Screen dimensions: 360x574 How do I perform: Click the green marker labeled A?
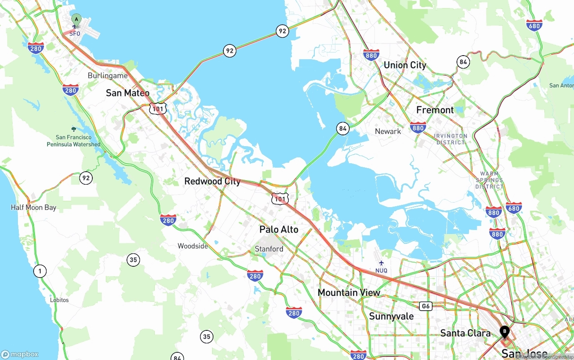coord(76,20)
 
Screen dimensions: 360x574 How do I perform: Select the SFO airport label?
coord(74,34)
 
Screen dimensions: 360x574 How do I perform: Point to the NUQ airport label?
coord(381,270)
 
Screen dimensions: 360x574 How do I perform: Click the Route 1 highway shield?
coord(40,271)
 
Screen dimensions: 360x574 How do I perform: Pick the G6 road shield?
coord(426,306)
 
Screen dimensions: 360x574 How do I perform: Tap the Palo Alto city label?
coord(278,230)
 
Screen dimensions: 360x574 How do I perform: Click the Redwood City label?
coord(212,182)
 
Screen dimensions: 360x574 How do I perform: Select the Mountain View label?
coord(348,293)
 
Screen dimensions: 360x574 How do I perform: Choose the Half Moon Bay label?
coord(34,208)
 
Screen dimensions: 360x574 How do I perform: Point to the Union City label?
coord(404,65)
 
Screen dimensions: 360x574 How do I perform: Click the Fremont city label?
coord(435,110)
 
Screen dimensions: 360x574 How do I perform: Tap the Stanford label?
coord(269,249)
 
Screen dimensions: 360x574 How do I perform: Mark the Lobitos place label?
coord(59,300)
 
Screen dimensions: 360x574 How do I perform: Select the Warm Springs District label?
coord(489,180)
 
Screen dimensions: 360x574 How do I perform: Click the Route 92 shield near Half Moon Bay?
coord(86,178)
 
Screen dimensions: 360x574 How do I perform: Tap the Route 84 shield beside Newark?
coord(343,129)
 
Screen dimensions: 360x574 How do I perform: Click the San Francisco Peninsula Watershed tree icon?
coord(74,130)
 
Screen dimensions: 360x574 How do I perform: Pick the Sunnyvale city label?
coord(391,317)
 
